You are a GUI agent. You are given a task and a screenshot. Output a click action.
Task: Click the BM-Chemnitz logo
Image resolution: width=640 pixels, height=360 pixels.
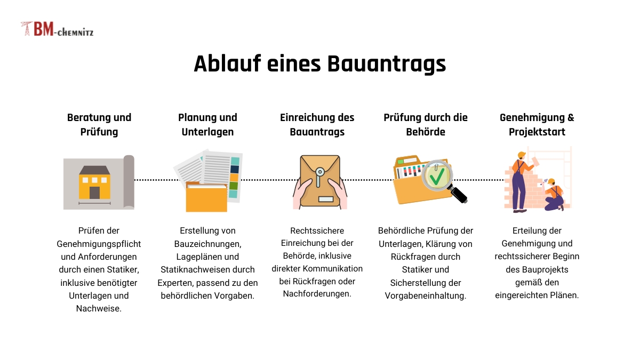point(57,29)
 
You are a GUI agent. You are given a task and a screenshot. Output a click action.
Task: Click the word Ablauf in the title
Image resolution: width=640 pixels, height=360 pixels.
point(227,63)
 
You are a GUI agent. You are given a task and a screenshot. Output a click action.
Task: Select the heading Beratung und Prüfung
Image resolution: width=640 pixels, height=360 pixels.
point(99,125)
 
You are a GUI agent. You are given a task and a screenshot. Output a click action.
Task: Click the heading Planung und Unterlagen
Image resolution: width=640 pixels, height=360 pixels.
point(207,125)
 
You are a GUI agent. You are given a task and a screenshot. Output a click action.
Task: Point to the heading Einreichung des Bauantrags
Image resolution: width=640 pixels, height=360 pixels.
point(317,125)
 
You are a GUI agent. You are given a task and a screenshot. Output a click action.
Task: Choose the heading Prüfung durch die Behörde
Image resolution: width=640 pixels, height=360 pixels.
point(426,125)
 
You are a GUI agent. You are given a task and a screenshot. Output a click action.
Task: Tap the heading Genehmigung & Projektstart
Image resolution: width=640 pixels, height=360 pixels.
point(537,125)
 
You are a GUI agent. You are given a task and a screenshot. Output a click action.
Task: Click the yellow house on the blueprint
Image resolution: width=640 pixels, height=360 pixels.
point(94,182)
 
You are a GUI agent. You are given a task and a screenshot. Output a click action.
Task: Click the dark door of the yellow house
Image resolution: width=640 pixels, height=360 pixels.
point(94,193)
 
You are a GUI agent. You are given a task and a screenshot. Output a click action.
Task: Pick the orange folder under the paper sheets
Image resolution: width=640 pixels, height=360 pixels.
point(206,197)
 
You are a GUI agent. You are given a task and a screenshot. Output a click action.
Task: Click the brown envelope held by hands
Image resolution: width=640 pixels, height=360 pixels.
point(320,181)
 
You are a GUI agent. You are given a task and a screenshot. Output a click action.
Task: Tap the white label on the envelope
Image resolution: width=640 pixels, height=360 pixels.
point(326,199)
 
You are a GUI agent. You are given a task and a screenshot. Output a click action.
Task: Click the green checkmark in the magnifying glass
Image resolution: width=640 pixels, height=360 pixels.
point(437,176)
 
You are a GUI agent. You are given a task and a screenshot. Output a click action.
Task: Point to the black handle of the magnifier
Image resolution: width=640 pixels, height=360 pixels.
point(459,194)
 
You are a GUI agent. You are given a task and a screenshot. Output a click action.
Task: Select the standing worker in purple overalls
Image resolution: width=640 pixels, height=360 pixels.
point(522,182)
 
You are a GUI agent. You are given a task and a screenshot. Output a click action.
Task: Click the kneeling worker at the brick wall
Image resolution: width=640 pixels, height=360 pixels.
point(554,195)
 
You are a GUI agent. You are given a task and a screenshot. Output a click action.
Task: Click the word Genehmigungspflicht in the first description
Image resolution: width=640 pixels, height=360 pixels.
point(99,244)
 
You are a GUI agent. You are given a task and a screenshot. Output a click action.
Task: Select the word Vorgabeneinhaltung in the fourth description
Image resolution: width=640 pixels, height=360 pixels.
point(426,295)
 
